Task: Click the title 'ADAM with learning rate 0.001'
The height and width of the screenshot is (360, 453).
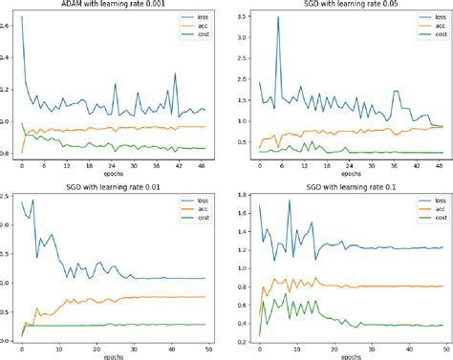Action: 114,6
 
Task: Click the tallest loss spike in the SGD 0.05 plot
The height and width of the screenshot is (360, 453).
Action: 278,17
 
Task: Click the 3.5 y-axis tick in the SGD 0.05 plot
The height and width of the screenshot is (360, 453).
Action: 243,17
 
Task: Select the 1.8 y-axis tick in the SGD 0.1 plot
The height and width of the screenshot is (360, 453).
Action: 243,192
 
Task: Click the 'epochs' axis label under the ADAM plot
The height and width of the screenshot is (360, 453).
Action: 114,175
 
